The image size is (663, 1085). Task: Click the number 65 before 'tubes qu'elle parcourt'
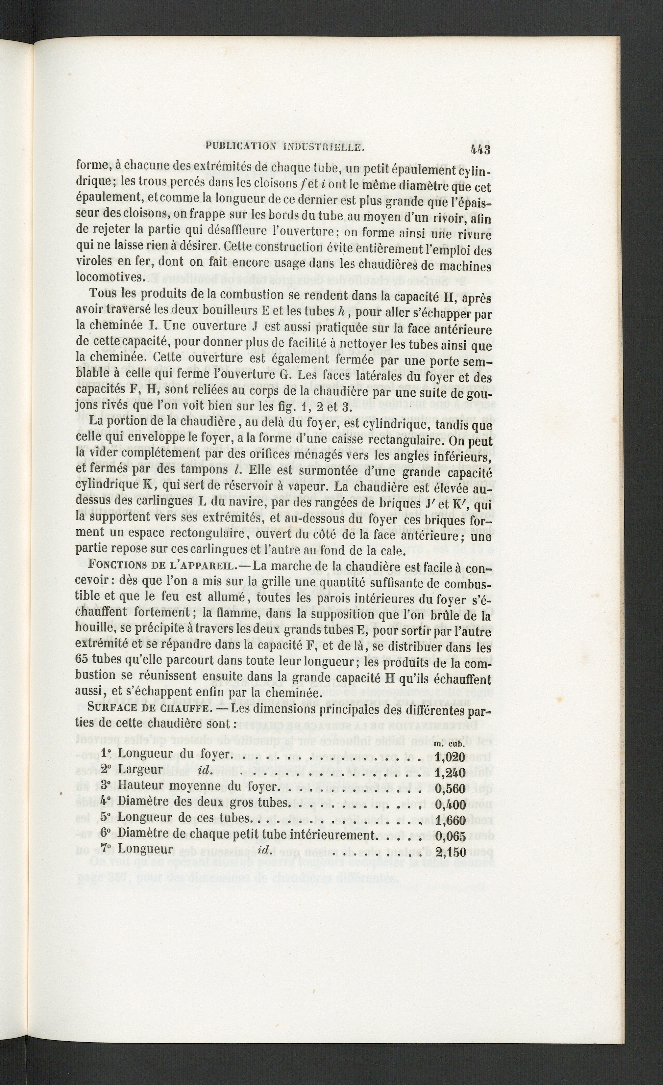[x=83, y=662]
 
